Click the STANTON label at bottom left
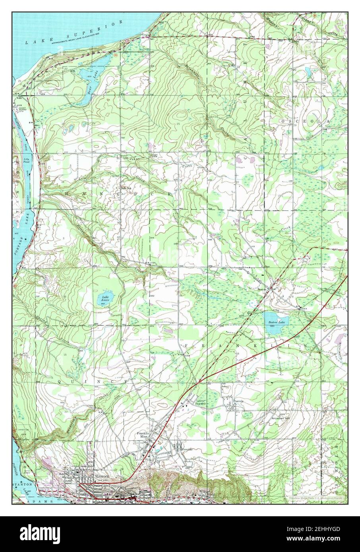[x=21, y=485]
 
